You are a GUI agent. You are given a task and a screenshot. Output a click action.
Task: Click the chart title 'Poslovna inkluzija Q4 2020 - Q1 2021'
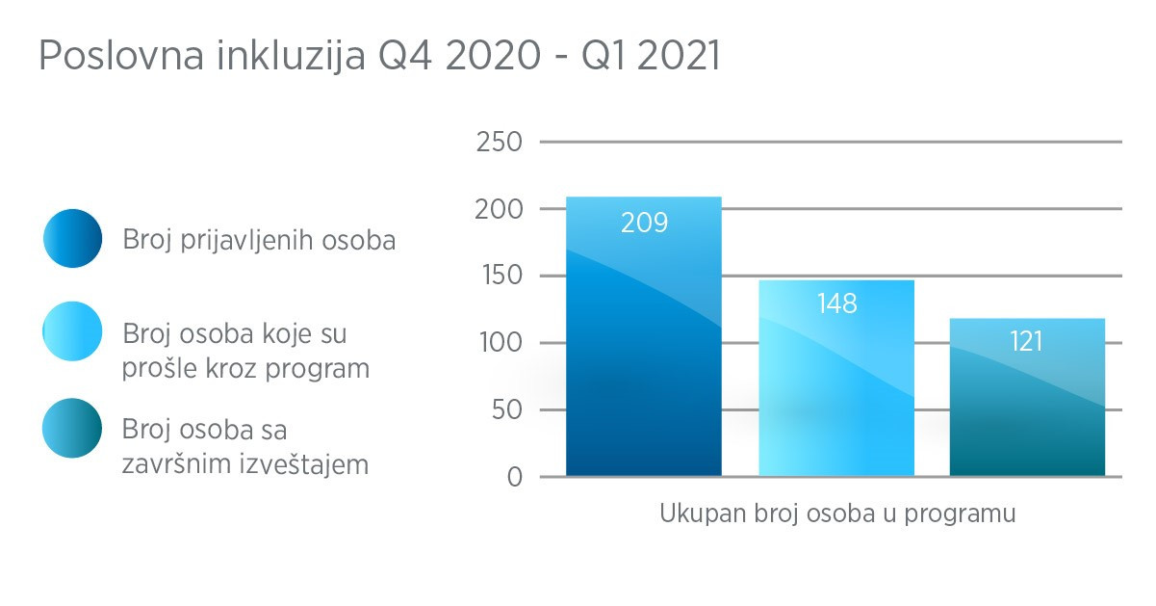(x=379, y=57)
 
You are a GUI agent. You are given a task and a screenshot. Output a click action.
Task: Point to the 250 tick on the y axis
(x=500, y=143)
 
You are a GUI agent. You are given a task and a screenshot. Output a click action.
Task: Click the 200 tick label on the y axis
(x=500, y=209)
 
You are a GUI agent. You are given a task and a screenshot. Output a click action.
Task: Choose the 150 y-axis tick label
(x=500, y=277)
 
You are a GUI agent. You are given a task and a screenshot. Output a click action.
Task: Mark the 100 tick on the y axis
(x=500, y=343)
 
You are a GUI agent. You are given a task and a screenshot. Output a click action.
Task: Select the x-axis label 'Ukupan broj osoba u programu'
(x=837, y=513)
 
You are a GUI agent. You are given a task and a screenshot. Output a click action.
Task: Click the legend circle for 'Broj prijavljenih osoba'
(x=72, y=238)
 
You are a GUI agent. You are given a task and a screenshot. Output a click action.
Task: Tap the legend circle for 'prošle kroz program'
(x=72, y=330)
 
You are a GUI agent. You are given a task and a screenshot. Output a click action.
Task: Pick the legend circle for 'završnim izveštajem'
(x=72, y=427)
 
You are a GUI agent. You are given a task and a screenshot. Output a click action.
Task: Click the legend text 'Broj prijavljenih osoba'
(x=259, y=240)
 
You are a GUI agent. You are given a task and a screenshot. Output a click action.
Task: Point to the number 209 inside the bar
(x=644, y=224)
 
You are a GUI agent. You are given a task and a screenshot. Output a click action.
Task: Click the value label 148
(x=836, y=304)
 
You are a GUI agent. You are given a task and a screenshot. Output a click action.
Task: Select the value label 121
(x=1027, y=341)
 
